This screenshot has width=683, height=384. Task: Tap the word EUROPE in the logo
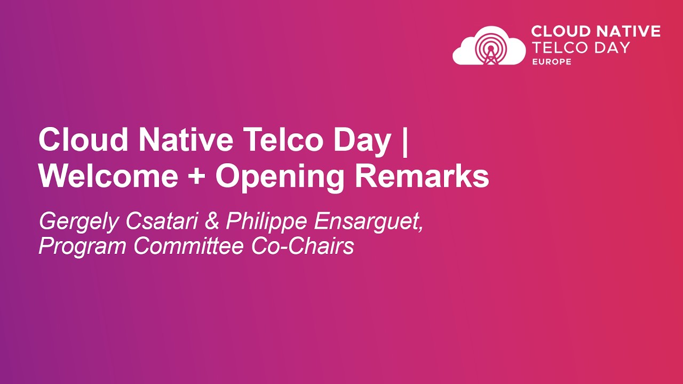(x=551, y=62)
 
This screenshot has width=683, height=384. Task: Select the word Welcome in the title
(x=108, y=177)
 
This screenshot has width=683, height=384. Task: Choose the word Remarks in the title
(x=422, y=177)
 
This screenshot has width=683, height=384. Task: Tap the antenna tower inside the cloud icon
(x=489, y=51)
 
